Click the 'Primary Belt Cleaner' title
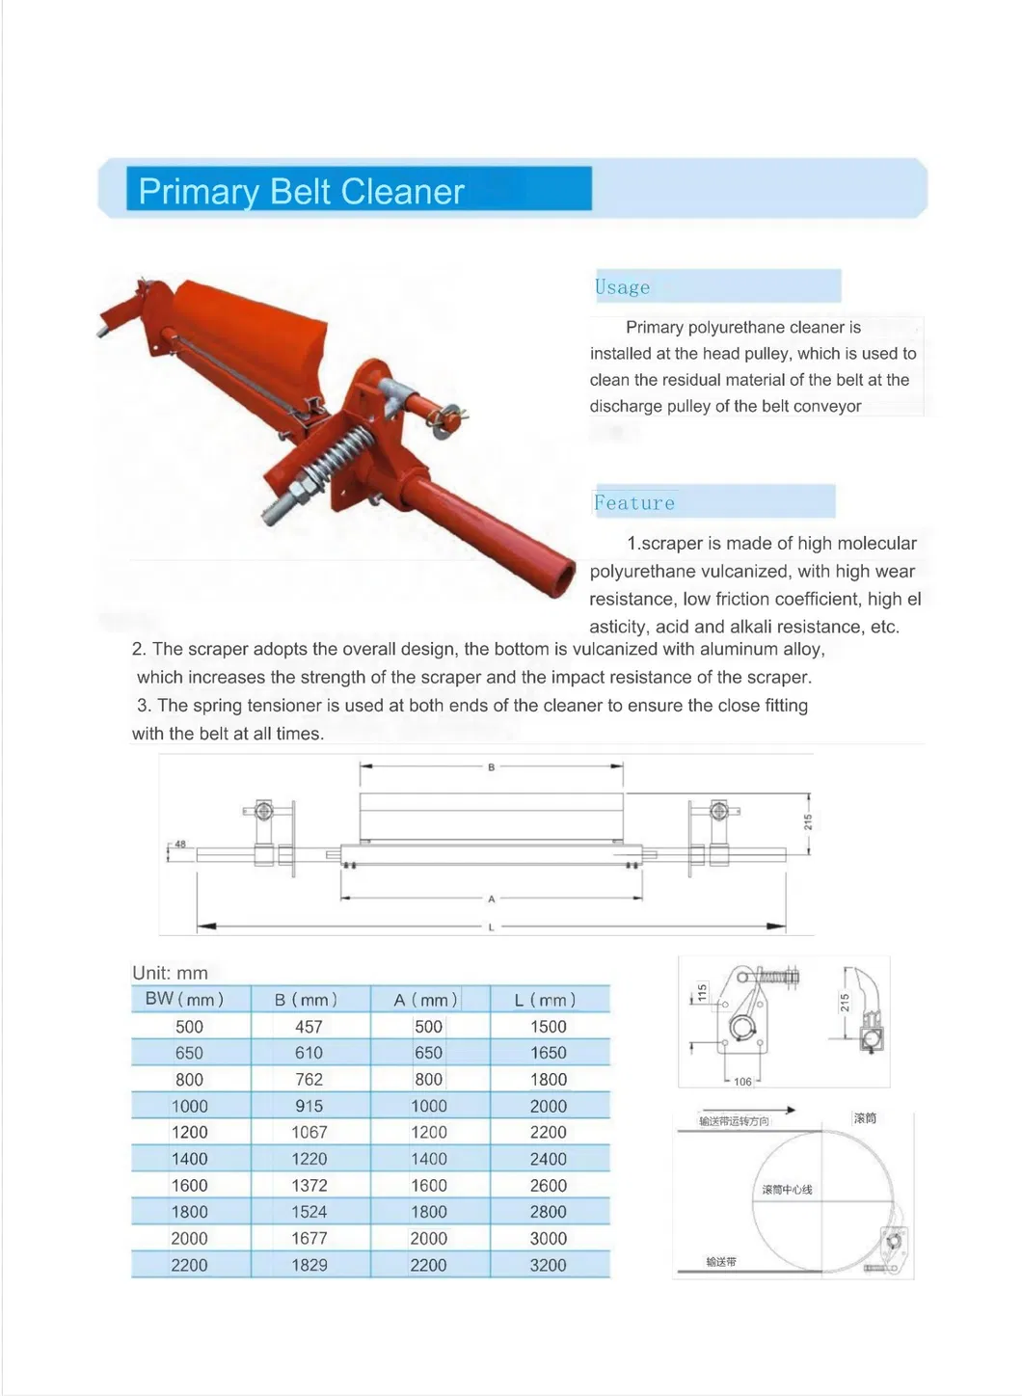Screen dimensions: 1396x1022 [301, 191]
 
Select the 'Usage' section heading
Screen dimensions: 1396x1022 [623, 287]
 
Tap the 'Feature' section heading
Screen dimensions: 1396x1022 [634, 502]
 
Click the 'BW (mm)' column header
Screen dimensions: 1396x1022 [185, 999]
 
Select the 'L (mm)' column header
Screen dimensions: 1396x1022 [546, 1000]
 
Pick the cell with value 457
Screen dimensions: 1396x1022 [309, 1027]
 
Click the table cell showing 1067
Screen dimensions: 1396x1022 [309, 1132]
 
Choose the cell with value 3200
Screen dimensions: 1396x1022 [548, 1265]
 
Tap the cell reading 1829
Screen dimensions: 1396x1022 [309, 1265]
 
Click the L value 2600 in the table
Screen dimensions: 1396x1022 [548, 1185]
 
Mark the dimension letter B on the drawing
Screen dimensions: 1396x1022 [491, 767]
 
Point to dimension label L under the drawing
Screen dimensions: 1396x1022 [491, 927]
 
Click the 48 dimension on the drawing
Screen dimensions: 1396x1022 [180, 844]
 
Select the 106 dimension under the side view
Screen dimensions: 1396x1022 [742, 1082]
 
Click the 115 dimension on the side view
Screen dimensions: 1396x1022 [702, 991]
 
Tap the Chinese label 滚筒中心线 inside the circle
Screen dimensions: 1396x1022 [787, 1190]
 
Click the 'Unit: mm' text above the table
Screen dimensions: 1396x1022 [170, 973]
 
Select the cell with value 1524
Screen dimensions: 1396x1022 [309, 1212]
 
